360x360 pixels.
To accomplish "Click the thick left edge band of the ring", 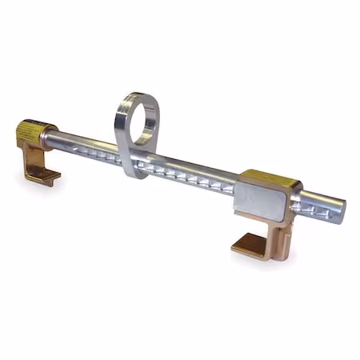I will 122,128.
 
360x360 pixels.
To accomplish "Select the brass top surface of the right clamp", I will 268,177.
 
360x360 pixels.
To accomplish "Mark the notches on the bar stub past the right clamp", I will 308,206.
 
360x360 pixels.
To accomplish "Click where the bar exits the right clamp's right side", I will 298,200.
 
